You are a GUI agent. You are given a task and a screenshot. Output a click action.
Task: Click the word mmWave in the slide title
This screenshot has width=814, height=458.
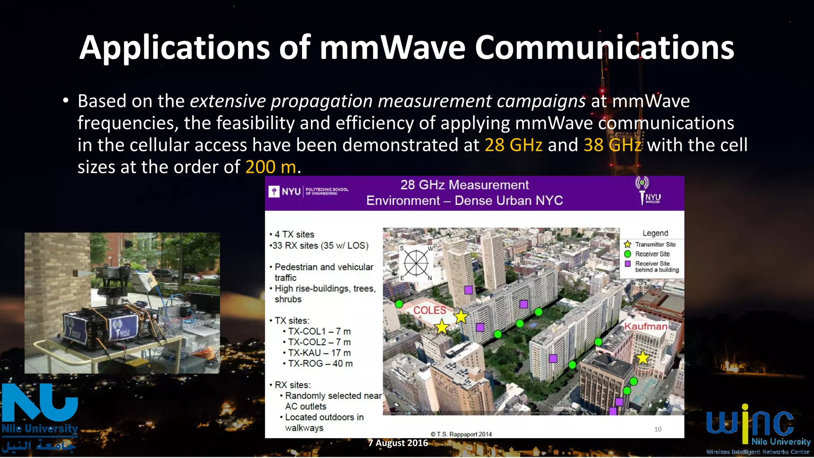[393, 48]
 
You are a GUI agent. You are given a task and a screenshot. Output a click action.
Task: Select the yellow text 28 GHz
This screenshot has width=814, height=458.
[513, 145]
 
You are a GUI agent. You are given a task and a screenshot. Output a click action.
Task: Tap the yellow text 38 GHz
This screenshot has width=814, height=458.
[612, 145]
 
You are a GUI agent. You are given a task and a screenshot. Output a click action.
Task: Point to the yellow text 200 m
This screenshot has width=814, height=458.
[270, 167]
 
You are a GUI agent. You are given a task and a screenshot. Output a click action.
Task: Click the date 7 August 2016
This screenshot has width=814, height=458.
[398, 443]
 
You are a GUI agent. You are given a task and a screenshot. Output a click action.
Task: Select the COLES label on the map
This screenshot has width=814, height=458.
[430, 311]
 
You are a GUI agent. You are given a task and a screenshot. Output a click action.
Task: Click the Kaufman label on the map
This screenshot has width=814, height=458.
[645, 326]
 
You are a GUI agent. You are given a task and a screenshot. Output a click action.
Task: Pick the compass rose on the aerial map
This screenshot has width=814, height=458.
[416, 263]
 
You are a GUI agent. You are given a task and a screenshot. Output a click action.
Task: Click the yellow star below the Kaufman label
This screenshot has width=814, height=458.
[642, 358]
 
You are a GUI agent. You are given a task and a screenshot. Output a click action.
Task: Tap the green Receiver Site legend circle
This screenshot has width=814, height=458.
[628, 254]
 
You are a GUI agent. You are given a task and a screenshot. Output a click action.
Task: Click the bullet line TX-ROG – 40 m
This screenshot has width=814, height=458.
[320, 363]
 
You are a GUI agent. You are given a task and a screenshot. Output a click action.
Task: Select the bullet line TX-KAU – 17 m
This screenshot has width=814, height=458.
[319, 353]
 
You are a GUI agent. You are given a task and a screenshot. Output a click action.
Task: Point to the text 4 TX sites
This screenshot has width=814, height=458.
[294, 235]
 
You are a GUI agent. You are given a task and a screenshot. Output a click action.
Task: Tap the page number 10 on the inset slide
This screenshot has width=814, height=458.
[658, 429]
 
